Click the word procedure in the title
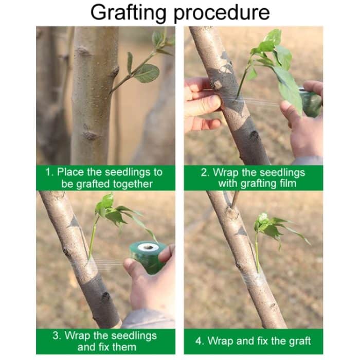coord(222,12)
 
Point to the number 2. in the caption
coord(205,172)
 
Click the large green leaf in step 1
coord(147,73)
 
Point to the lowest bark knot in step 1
coord(90,135)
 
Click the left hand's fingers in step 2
coord(202,103)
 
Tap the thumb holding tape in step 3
coord(166,253)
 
